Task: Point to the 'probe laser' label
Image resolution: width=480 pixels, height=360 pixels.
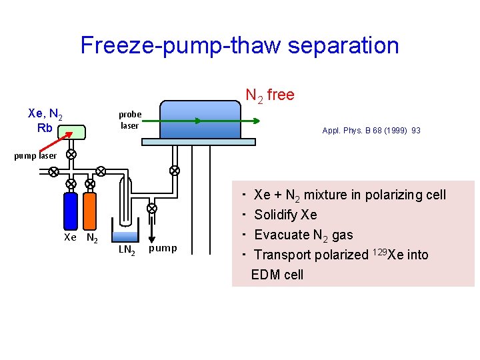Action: coord(129,120)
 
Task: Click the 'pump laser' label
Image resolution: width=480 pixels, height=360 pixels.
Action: coord(37,156)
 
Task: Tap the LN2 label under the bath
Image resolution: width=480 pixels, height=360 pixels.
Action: coord(127,250)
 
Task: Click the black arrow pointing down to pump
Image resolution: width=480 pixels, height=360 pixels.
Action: coord(151,229)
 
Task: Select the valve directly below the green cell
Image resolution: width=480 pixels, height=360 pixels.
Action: coord(71,154)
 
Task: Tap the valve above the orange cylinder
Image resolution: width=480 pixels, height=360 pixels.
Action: coord(90,183)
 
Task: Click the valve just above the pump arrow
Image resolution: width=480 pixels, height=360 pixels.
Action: coord(151,208)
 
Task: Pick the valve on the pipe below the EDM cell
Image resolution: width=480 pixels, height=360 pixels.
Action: coord(175,171)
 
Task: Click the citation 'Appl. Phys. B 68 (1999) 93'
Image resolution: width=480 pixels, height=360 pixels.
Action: coord(371,131)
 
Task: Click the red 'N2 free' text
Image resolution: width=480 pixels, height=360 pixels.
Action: coord(270,95)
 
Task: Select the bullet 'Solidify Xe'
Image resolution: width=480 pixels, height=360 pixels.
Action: coord(285,215)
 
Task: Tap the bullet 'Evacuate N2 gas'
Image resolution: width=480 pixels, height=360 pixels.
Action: coord(303,235)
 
